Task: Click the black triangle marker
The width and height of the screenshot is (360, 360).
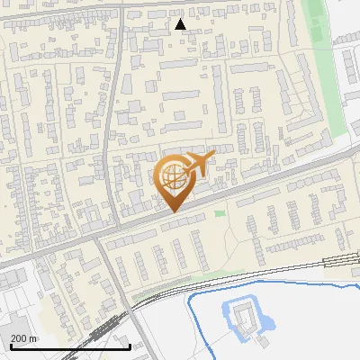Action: click(181, 24)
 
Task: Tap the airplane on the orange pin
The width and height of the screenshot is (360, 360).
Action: click(197, 165)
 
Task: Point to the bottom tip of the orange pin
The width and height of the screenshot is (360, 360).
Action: click(173, 211)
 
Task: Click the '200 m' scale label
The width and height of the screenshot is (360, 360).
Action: click(24, 338)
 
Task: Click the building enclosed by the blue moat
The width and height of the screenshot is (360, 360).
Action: click(240, 316)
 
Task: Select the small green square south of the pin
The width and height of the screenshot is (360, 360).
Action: click(220, 213)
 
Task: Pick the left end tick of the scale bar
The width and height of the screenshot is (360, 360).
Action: click(11, 346)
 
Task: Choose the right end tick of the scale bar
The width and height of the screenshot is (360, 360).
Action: click(130, 346)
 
